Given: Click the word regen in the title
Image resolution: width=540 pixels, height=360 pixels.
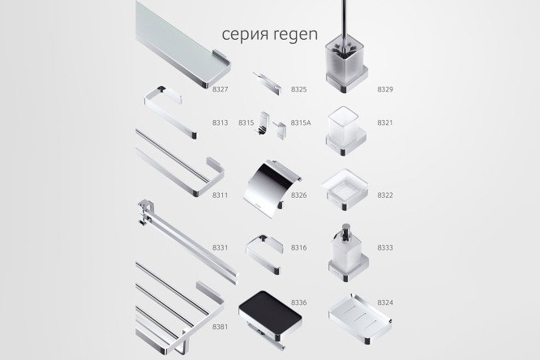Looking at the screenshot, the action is (x=296, y=34).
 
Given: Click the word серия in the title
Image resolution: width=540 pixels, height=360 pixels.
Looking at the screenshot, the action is (x=246, y=34).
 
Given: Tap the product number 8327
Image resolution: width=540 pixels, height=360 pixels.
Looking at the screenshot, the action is (x=220, y=89).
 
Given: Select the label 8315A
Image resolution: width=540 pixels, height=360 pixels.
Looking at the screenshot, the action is (x=301, y=122).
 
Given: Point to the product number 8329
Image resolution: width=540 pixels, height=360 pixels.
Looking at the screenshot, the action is (x=385, y=89).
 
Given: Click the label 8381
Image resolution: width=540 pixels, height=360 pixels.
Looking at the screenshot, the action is (x=220, y=327).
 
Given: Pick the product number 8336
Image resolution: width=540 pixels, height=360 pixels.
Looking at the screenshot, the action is (x=298, y=302).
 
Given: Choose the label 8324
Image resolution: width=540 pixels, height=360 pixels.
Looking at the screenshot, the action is (x=385, y=302).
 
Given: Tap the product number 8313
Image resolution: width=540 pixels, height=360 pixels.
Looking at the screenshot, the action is (x=220, y=122).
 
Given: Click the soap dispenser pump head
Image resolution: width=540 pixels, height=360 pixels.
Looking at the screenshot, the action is (x=345, y=231).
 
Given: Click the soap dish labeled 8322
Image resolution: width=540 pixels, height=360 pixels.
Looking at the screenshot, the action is (x=345, y=189).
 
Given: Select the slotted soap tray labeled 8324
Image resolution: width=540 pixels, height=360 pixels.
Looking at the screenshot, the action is (x=360, y=318).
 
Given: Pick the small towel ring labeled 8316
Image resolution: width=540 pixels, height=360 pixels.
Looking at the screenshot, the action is (x=264, y=254).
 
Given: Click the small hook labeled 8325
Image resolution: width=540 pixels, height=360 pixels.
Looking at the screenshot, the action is (x=268, y=83).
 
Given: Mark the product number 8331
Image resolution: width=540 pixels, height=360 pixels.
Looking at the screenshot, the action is (x=220, y=247).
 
